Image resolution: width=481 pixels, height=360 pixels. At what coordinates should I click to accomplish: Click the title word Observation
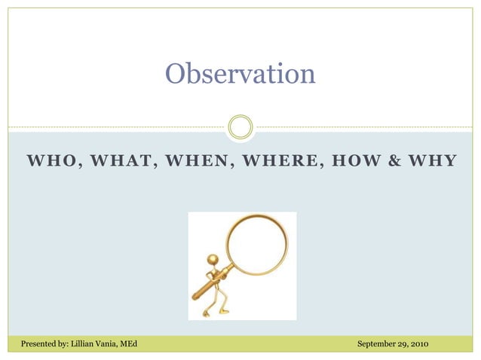[240, 74]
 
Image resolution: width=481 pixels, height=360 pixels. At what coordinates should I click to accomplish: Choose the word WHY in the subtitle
[429, 161]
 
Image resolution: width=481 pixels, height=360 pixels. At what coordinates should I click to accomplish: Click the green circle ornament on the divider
[240, 127]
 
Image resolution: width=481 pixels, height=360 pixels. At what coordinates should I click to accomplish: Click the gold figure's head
[213, 260]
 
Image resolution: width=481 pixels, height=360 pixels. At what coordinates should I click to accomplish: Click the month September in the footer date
[377, 344]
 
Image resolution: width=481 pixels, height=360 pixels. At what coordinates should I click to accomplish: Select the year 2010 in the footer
[419, 344]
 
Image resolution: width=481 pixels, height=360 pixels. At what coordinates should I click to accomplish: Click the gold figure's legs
[216, 301]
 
